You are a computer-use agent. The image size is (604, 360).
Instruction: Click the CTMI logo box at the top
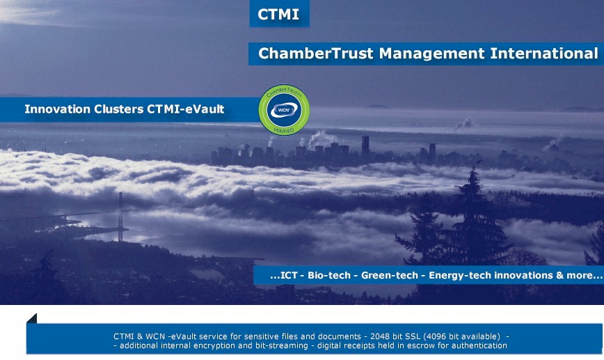279,14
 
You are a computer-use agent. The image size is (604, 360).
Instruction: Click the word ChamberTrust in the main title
315,53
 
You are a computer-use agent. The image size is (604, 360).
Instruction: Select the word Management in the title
431,54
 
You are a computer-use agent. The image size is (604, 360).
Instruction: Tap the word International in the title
544,53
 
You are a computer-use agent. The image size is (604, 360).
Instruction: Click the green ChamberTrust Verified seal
284,110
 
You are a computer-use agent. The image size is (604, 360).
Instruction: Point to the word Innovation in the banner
57,109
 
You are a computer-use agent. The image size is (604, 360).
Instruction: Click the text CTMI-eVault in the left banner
185,109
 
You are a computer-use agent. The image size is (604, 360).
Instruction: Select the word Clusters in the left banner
118,109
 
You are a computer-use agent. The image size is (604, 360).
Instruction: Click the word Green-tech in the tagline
390,275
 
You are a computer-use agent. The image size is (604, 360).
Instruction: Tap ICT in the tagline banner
289,275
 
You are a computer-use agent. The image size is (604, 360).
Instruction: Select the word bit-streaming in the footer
282,345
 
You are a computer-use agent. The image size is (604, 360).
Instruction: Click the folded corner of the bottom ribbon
31,318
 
